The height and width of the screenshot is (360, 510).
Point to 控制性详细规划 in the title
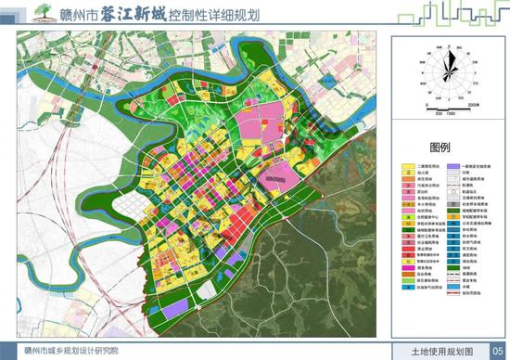(216, 14)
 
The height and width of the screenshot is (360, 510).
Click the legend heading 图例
(439, 148)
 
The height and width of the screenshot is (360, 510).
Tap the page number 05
(497, 351)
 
